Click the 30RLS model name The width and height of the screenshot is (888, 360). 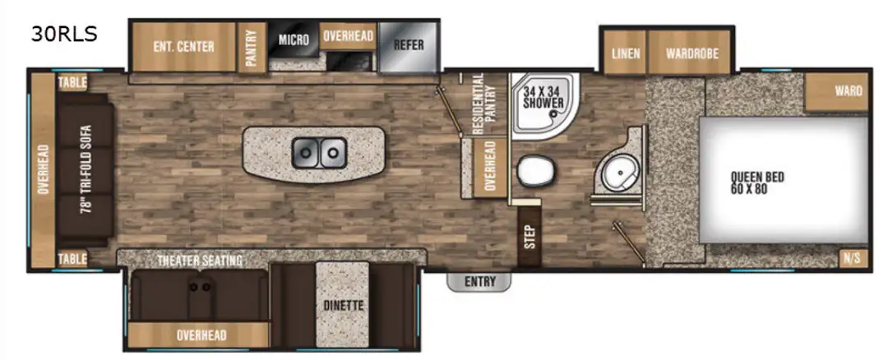click(x=64, y=35)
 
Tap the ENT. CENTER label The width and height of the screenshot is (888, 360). click(x=184, y=47)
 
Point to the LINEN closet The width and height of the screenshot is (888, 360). click(x=626, y=53)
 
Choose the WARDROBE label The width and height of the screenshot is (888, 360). click(x=692, y=53)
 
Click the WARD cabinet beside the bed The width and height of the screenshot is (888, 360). click(x=836, y=92)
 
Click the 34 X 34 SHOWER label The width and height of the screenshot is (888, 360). click(x=543, y=97)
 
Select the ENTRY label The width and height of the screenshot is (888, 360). click(x=479, y=281)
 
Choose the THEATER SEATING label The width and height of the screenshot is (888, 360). click(x=200, y=261)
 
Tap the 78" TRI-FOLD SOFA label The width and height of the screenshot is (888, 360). click(x=86, y=168)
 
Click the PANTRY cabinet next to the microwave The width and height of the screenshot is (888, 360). click(x=252, y=48)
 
